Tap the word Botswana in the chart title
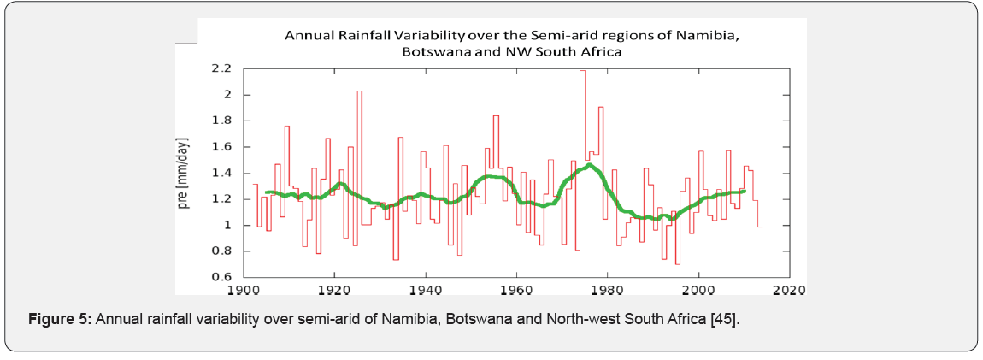436,51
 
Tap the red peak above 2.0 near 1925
359,91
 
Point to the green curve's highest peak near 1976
589,165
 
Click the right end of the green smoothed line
745,191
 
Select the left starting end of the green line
267,192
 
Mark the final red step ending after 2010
759,226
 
